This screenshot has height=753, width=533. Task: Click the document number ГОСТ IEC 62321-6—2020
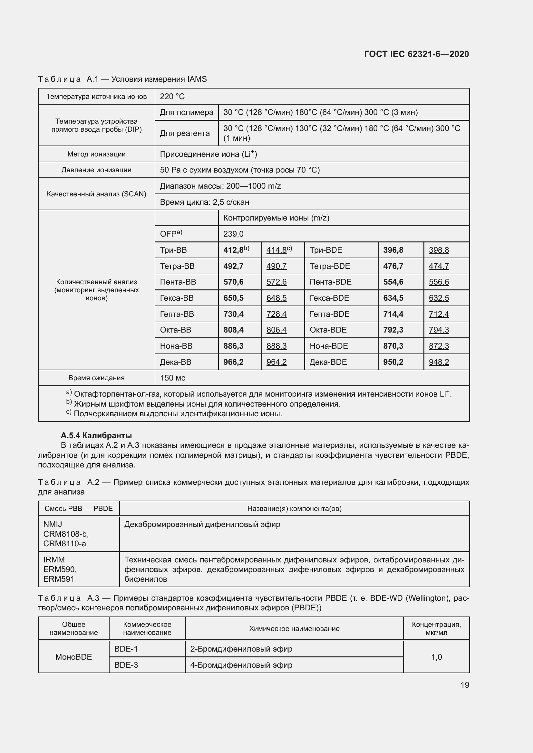(x=416, y=54)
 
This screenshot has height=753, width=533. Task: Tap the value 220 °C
(x=172, y=97)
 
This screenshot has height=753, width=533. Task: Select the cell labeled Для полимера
(x=186, y=112)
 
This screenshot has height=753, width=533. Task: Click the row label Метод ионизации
(x=96, y=154)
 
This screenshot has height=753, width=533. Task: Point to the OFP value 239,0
(x=233, y=234)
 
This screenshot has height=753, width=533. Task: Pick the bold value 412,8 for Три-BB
(x=234, y=250)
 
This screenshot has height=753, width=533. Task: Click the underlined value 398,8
(x=439, y=250)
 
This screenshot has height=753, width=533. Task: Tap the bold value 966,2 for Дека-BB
(x=233, y=362)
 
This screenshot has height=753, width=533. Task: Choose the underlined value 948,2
(x=439, y=362)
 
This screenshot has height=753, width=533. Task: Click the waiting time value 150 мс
(x=173, y=378)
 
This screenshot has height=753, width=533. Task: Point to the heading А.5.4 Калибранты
(x=96, y=436)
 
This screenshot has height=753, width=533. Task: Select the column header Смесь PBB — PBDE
(x=79, y=508)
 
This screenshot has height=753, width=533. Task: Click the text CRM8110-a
(x=65, y=543)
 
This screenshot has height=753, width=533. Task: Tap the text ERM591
(x=59, y=579)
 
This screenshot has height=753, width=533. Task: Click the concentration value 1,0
(x=436, y=657)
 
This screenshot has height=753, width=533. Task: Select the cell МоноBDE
(x=73, y=657)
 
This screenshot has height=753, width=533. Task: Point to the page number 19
(x=465, y=685)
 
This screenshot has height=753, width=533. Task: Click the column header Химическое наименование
(x=294, y=628)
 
